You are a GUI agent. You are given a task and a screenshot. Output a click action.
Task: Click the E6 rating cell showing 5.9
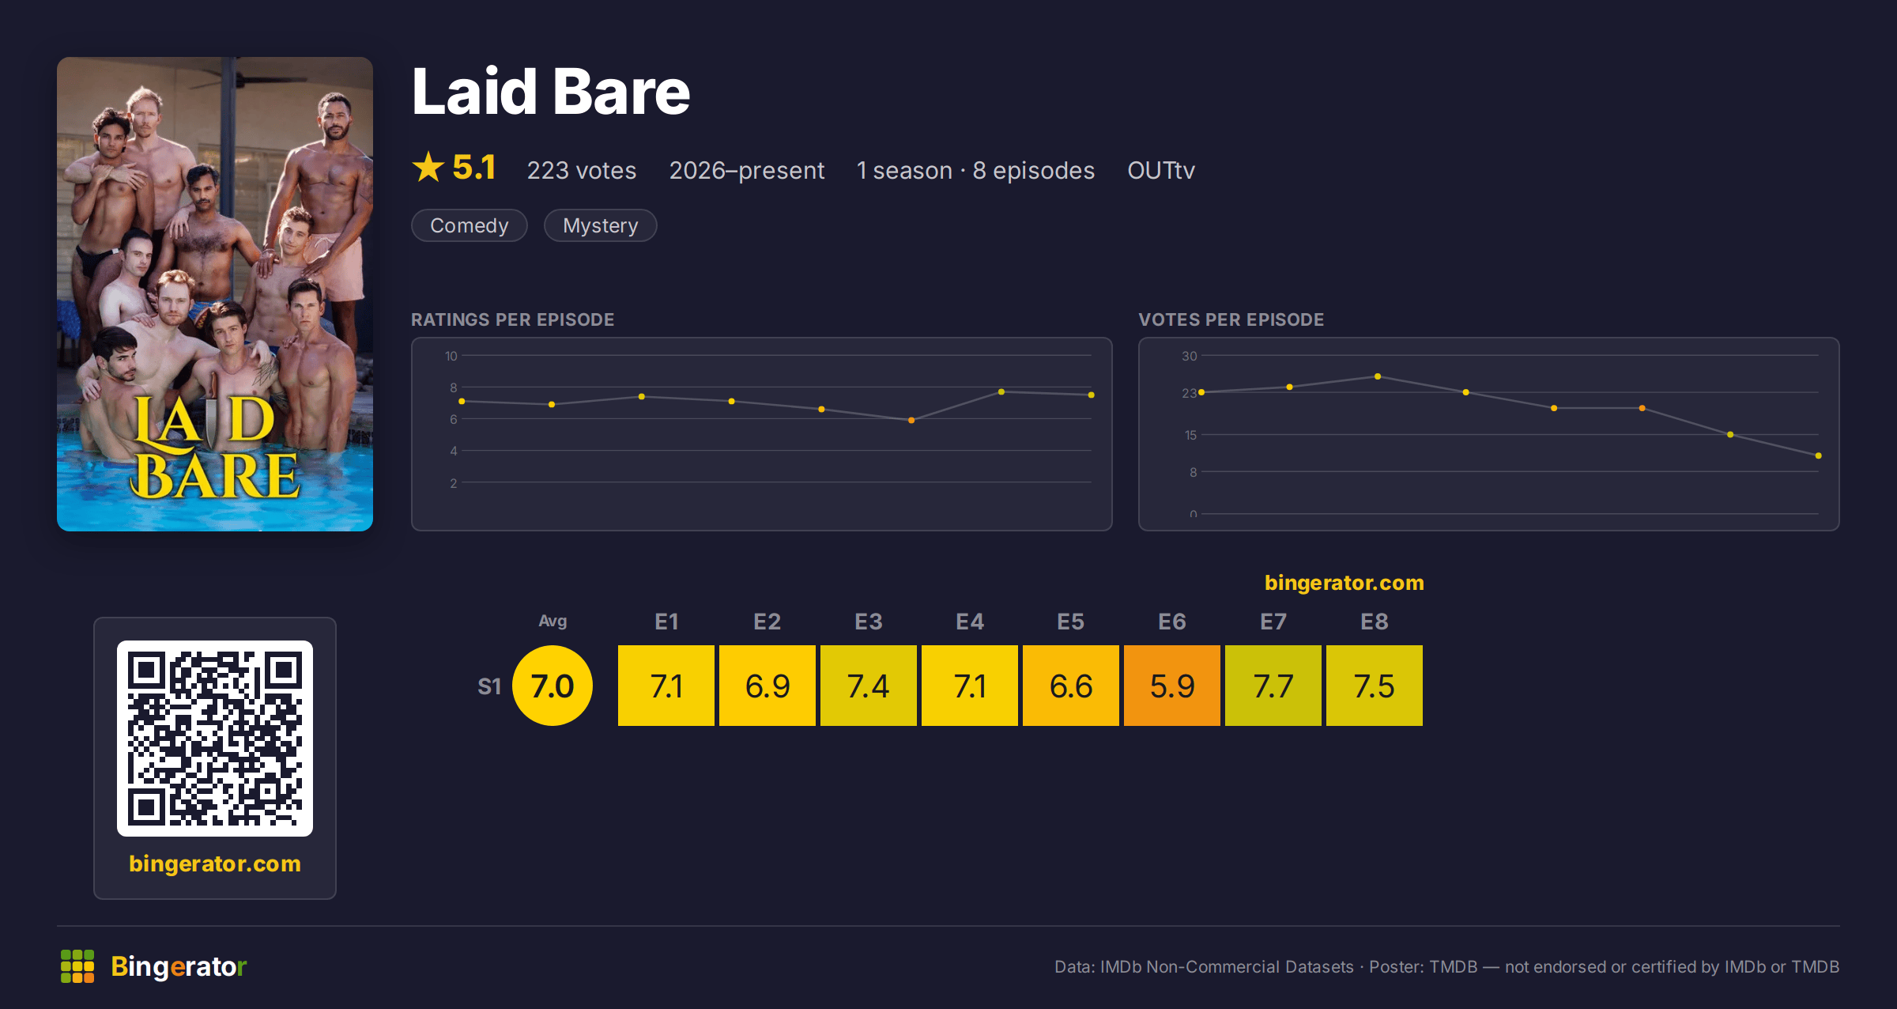tap(1172, 686)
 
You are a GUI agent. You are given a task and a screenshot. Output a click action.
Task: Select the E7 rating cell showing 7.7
tap(1273, 686)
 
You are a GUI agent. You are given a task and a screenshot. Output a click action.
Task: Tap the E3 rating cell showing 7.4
tap(869, 686)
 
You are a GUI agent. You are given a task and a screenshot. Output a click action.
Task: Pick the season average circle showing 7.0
tap(553, 686)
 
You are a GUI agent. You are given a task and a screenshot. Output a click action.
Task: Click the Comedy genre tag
tap(470, 225)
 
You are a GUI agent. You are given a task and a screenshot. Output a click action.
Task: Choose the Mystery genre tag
tap(601, 225)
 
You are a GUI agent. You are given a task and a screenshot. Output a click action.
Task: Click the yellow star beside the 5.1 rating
tap(428, 167)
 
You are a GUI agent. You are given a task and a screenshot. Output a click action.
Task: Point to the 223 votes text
tap(582, 170)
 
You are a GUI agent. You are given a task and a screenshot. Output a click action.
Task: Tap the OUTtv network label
tap(1161, 170)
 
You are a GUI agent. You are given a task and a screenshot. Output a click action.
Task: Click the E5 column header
tap(1071, 622)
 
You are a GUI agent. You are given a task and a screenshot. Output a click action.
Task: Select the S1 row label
tap(489, 686)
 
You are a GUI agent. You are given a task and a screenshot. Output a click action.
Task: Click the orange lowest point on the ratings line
tap(911, 420)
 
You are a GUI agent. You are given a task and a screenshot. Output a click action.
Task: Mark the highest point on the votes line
tap(1378, 376)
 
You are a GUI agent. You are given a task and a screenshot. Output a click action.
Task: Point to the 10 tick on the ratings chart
tap(451, 356)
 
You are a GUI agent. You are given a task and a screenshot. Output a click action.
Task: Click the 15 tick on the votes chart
tap(1190, 435)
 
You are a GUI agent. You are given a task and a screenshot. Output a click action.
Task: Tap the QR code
tap(215, 739)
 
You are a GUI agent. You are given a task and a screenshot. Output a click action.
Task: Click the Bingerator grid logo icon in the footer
tap(77, 966)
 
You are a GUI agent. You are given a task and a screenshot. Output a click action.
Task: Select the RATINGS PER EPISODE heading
tap(513, 319)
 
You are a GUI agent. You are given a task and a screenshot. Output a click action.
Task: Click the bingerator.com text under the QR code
tap(215, 864)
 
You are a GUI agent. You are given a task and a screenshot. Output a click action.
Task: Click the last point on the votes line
tap(1819, 455)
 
